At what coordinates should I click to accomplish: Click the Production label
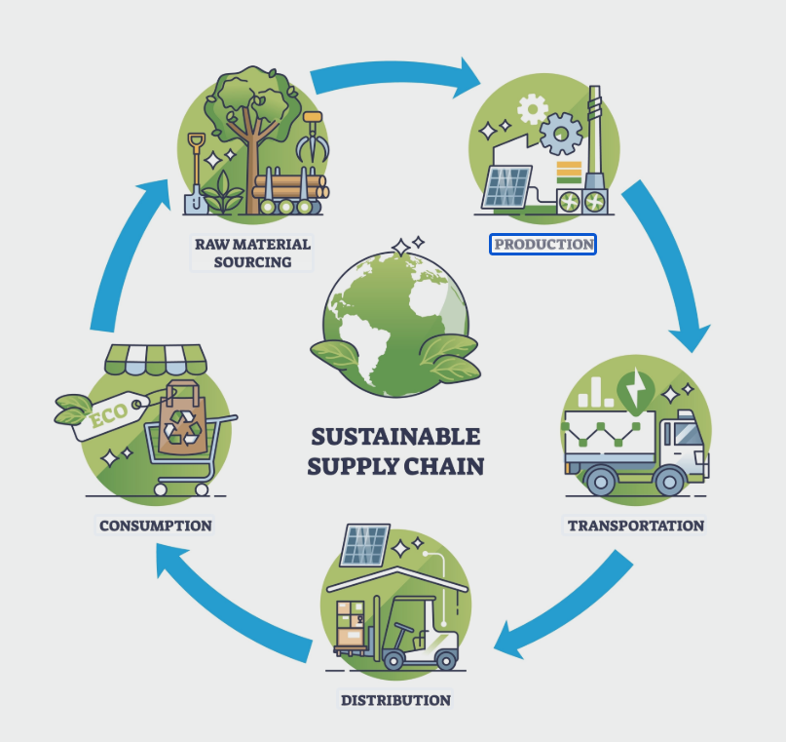(543, 244)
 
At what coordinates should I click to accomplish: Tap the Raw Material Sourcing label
(250, 253)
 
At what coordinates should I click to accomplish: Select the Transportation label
(635, 526)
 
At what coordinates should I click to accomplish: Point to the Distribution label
(394, 700)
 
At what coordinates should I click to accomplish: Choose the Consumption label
(155, 526)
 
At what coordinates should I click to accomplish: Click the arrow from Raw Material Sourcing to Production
(394, 76)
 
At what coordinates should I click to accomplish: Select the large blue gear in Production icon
(561, 134)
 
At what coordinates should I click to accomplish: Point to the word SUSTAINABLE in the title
(395, 436)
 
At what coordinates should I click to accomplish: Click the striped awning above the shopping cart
(156, 358)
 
